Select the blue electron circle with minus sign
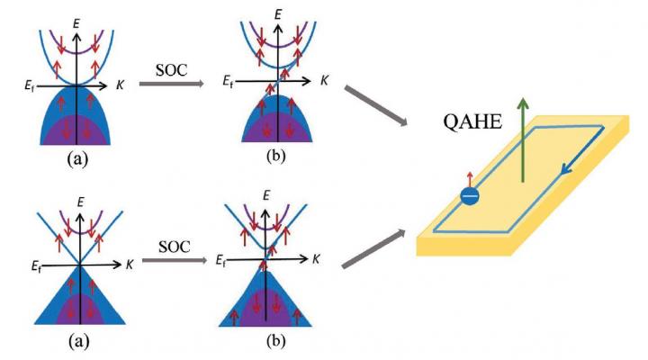click(470, 196)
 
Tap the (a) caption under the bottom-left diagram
click(77, 342)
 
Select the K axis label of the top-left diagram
click(121, 86)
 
